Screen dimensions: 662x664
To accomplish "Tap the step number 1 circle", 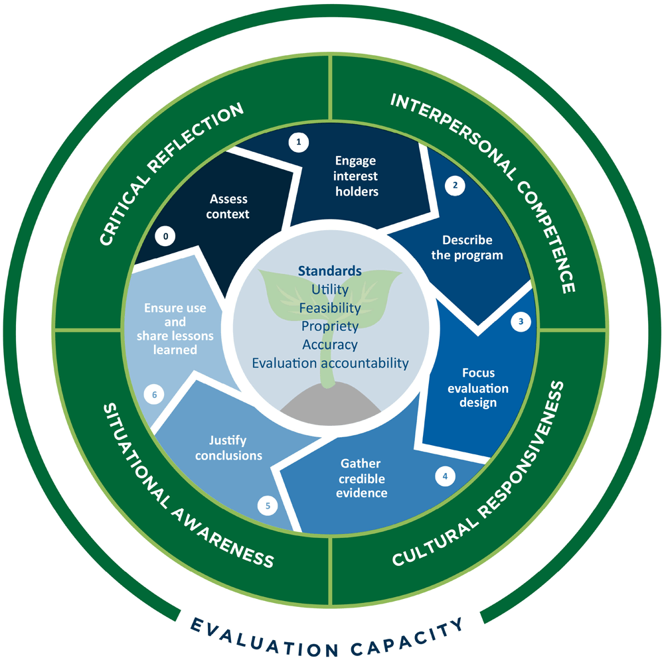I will tap(299, 142).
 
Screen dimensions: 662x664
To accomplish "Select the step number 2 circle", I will tap(455, 186).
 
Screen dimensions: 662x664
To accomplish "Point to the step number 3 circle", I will tap(521, 322).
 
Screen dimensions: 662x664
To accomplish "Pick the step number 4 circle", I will tap(445, 476).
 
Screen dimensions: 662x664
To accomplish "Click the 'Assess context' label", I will tap(228, 206).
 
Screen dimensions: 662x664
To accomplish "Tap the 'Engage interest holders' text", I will tap(356, 176).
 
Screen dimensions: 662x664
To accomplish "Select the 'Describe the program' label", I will tap(472, 247).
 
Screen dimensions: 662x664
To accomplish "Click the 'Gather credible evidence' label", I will tap(361, 478).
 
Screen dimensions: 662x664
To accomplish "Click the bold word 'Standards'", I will tap(329, 271).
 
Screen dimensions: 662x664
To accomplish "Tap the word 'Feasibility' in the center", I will tap(329, 308).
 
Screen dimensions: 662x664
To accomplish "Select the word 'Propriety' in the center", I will tap(329, 326).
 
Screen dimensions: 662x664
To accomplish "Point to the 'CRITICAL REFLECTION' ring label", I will tap(171, 174).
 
